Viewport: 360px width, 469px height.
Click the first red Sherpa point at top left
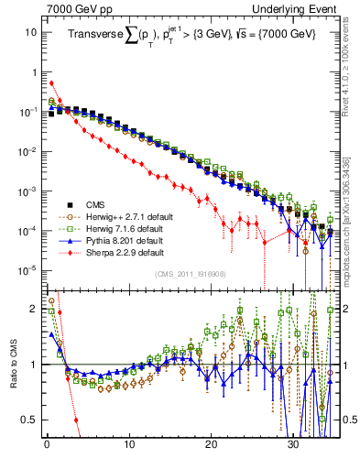coord(51,83)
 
